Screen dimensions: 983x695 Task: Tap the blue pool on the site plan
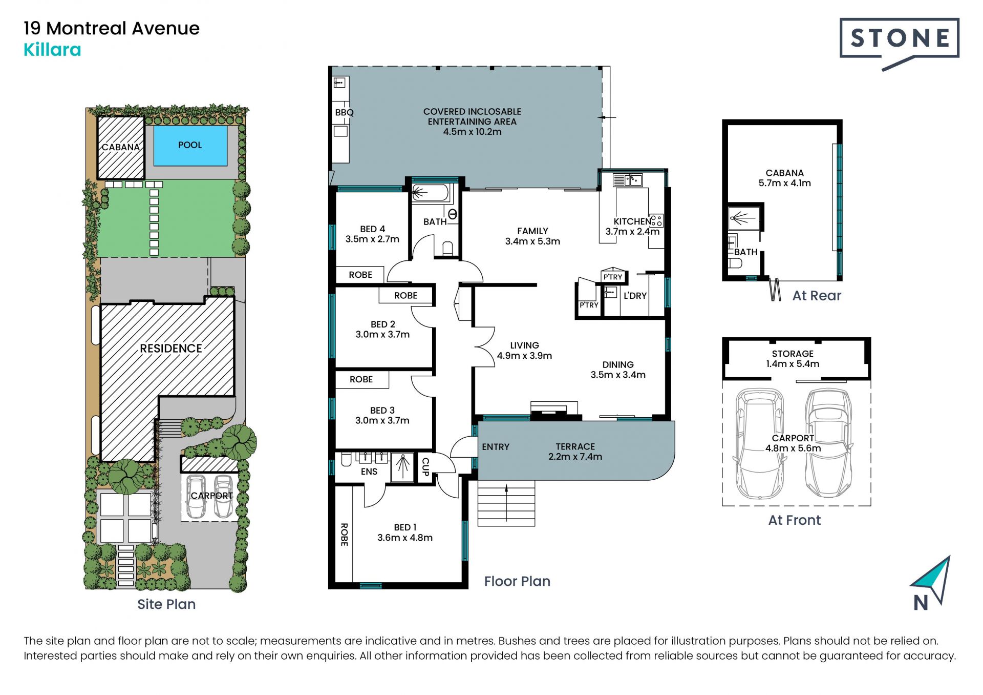point(190,146)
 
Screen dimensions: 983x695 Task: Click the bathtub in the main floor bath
point(432,193)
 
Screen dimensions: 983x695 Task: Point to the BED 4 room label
point(372,234)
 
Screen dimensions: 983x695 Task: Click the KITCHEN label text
point(632,221)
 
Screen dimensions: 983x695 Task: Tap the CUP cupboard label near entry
point(425,466)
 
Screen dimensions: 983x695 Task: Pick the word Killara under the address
point(52,50)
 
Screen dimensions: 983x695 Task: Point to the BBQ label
point(344,112)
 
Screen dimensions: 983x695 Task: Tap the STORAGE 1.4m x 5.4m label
point(793,359)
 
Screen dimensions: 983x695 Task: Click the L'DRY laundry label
point(635,296)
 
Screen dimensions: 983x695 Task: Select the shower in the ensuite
point(403,467)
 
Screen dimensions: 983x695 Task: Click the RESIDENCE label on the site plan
point(171,349)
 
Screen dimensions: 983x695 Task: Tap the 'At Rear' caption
point(817,296)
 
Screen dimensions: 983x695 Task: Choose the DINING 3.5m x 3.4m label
point(618,370)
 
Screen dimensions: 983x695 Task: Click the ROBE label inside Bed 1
point(344,535)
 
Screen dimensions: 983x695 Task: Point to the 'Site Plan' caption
point(166,604)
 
